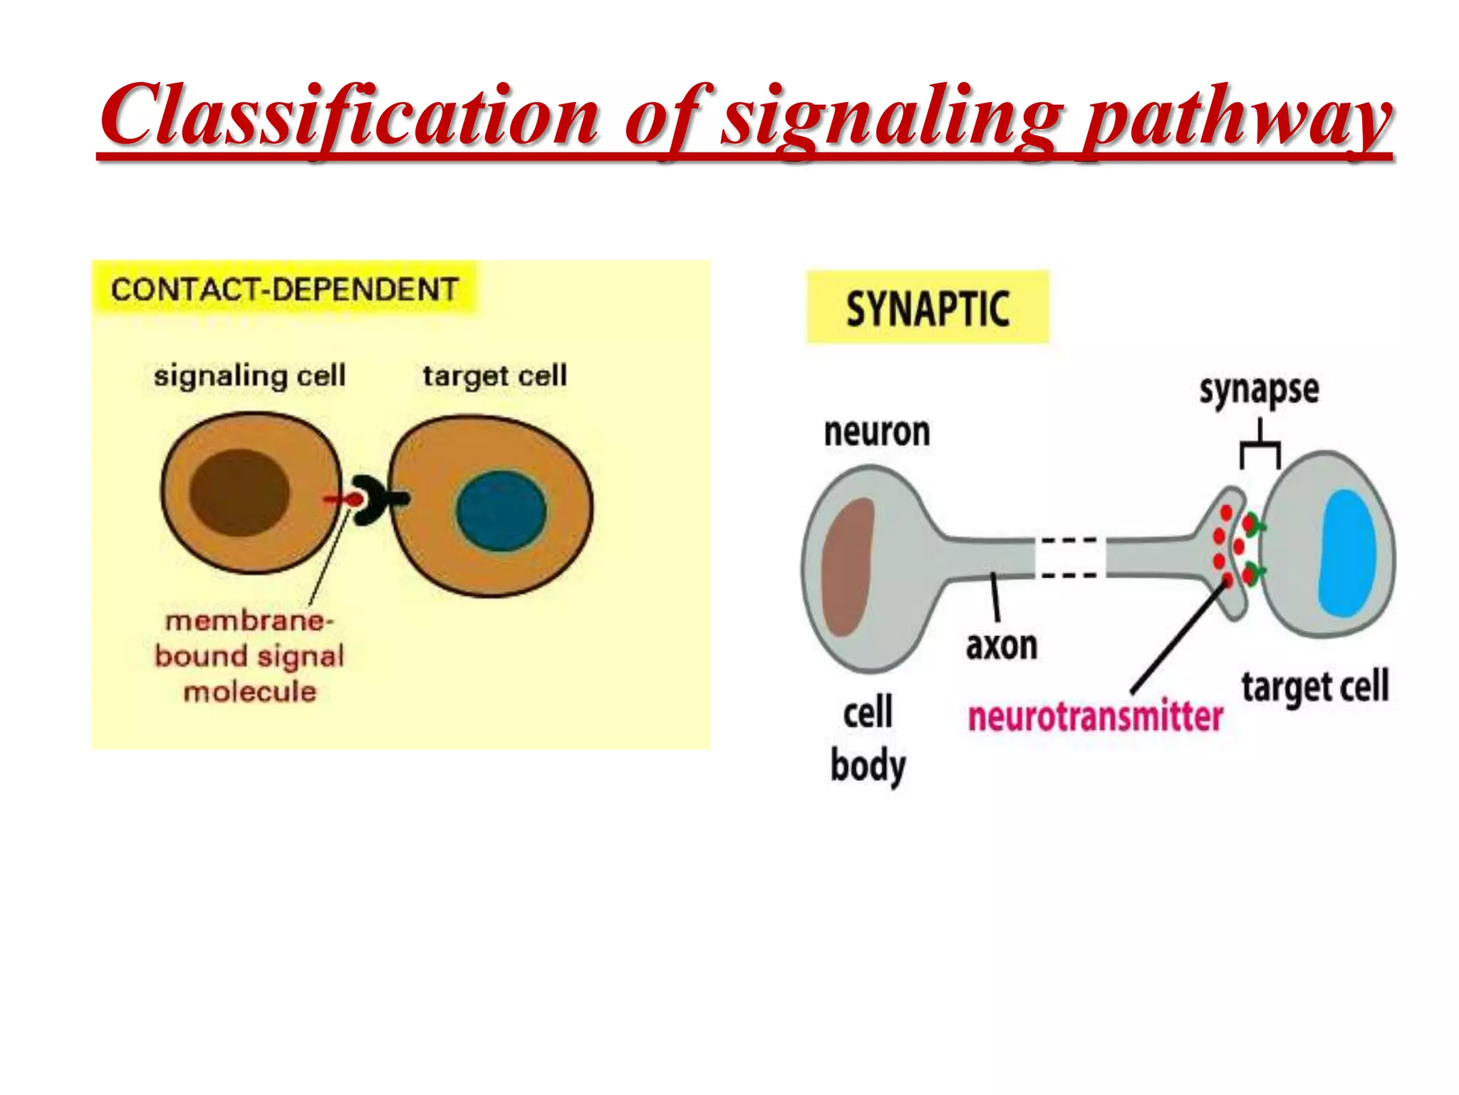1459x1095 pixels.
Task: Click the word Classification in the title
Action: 349,116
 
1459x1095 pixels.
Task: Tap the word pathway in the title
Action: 1236,118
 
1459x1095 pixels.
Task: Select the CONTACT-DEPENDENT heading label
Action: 284,289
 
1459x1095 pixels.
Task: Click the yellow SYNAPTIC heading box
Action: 928,308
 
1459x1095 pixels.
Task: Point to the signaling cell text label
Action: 249,376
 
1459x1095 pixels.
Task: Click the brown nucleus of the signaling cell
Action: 239,493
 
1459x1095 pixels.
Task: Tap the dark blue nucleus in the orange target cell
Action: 501,510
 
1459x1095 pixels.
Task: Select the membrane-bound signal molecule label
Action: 249,656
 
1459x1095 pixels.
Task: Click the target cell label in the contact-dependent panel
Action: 495,376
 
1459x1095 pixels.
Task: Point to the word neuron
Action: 877,432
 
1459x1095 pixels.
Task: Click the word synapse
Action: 1259,390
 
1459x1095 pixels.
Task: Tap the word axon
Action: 1002,646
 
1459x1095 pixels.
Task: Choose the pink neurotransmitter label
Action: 1095,716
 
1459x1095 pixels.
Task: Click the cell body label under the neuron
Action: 868,739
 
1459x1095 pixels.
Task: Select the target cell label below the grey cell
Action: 1315,686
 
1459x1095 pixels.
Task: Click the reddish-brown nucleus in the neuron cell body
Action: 848,567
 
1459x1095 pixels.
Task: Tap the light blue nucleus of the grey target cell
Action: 1346,552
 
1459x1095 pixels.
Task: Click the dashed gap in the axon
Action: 1069,557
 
